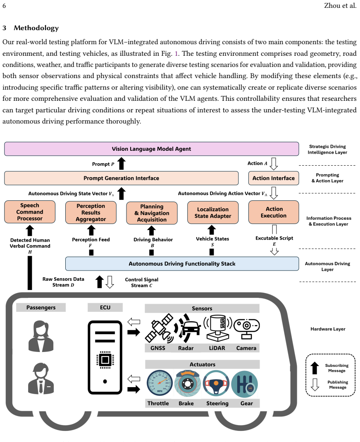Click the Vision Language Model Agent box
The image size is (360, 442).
(152, 149)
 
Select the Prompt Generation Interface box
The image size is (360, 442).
(122, 178)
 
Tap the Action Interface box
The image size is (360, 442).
(273, 178)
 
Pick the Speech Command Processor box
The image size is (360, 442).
(30, 212)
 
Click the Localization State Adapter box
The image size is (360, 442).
(213, 213)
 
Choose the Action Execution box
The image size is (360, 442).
(273, 212)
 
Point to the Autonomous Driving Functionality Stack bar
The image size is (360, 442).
(182, 264)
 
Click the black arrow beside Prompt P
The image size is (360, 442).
(122, 164)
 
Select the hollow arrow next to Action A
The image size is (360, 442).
(274, 164)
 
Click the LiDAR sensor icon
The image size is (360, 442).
(217, 328)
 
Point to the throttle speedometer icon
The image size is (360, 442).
(160, 383)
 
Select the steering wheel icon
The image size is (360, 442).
(216, 384)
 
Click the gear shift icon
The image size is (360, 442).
(244, 384)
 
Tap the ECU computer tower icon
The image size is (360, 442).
(105, 357)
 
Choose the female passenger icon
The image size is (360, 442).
(41, 336)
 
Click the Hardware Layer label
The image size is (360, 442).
(328, 329)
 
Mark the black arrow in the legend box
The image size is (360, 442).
(315, 368)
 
